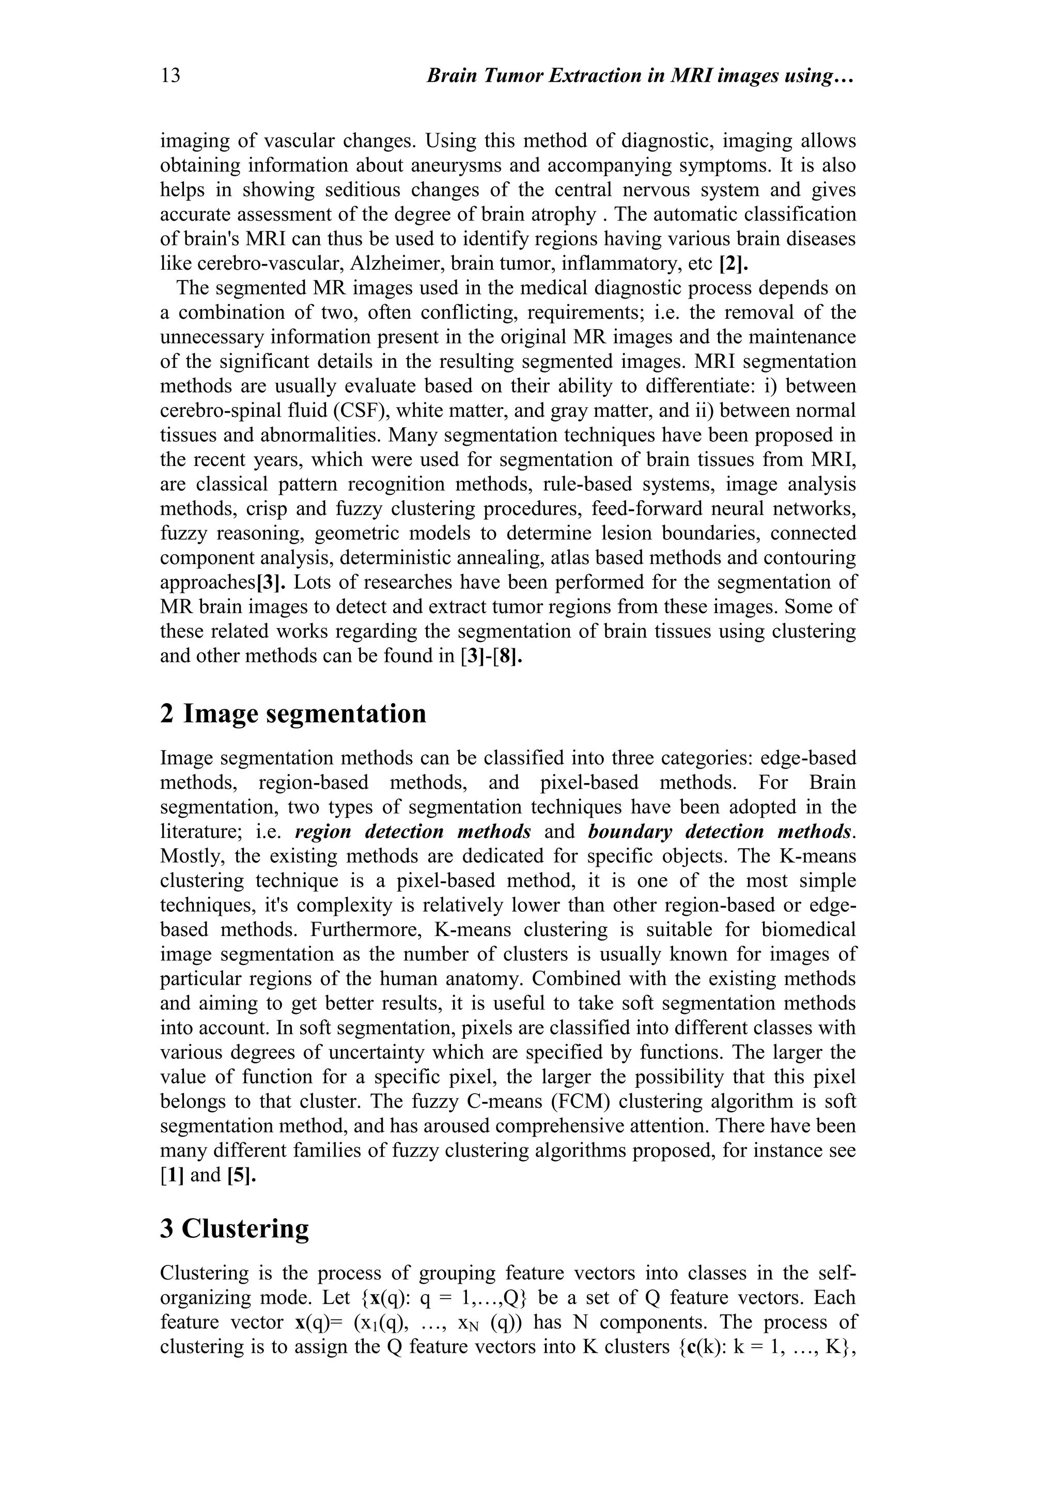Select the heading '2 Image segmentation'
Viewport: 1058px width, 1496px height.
point(293,713)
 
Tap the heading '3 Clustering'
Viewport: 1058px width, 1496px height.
point(235,1228)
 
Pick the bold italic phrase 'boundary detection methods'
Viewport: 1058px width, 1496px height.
point(719,831)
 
